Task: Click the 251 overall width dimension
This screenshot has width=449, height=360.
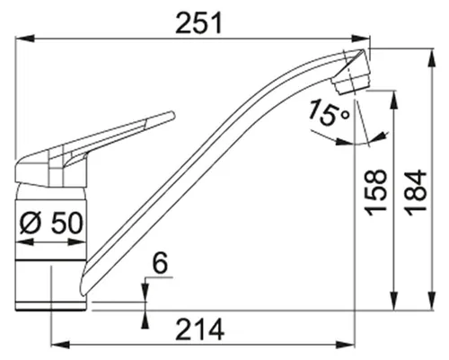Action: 198,23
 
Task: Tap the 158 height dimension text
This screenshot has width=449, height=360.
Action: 376,192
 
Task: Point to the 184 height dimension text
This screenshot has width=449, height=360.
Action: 417,192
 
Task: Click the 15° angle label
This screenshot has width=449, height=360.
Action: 328,113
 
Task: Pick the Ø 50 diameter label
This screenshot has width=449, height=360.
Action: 50,223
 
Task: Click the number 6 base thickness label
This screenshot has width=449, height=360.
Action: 160,263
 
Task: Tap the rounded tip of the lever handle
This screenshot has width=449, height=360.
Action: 172,115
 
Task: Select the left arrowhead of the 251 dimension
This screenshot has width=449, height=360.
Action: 24,39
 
